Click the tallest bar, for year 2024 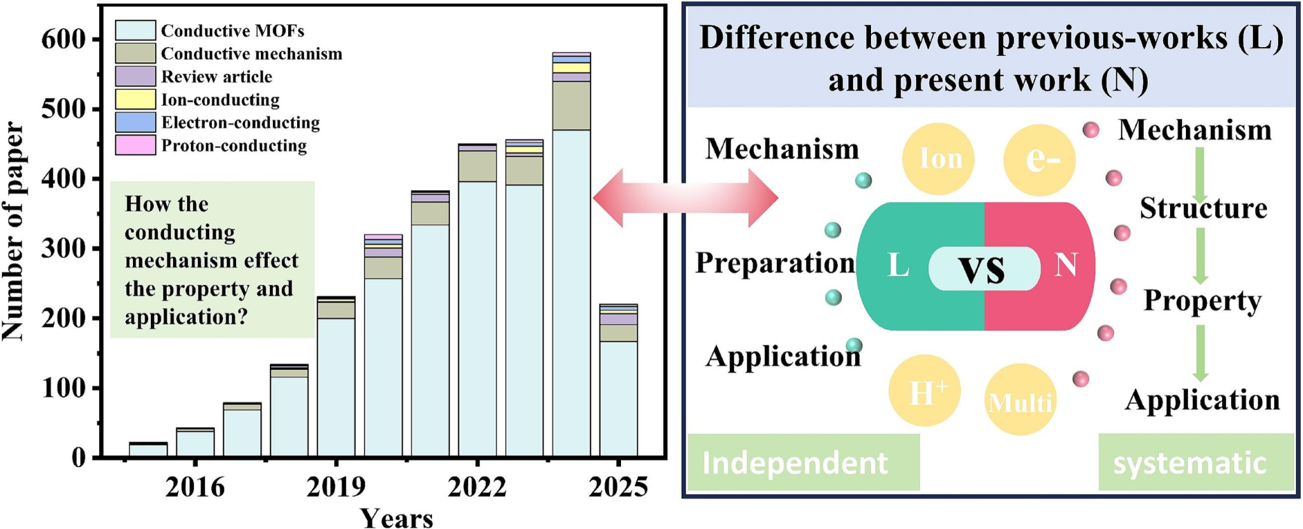571,254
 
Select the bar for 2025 618,381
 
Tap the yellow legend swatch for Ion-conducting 135,99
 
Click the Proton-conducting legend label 233,146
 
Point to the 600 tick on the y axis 63,39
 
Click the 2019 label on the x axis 336,488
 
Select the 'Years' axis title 397,518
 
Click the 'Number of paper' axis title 14,232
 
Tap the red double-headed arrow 685,198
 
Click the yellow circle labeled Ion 938,159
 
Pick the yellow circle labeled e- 1040,160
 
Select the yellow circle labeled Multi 1020,400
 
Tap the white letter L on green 898,265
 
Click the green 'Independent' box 803,462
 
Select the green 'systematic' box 1195,462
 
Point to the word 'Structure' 1202,209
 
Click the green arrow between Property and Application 1200,353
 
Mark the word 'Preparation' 774,263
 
